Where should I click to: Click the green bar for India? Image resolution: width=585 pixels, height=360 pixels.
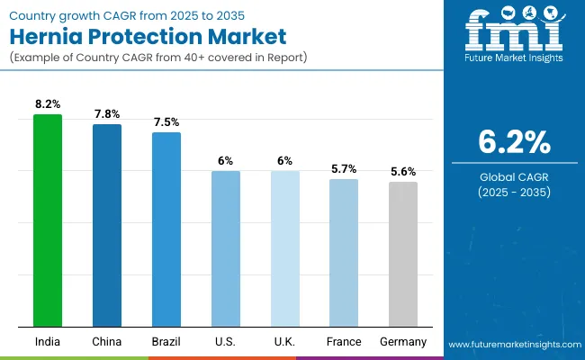pos(48,220)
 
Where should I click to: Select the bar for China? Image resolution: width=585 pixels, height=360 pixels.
pos(107,225)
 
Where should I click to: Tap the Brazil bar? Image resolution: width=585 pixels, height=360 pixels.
pos(166,229)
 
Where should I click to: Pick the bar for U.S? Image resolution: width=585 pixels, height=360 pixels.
pos(225,248)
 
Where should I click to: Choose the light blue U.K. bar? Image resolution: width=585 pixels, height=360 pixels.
pos(284,248)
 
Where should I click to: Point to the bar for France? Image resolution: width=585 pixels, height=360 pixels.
pos(344,253)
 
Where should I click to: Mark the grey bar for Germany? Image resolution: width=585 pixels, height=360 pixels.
pos(403,254)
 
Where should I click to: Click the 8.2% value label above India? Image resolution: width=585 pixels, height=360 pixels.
pos(48,104)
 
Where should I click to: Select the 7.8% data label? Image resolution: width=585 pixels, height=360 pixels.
pos(107,114)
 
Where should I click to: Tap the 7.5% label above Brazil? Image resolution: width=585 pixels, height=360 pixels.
pos(166,122)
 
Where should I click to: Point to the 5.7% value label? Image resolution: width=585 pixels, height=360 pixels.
pos(344,168)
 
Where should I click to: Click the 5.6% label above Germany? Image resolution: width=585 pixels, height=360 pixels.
pos(403,171)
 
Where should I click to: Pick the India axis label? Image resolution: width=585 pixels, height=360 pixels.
pos(48,342)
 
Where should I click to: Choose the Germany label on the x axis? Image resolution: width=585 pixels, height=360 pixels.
pos(403,342)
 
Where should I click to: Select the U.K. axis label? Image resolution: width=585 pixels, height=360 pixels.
pos(284,342)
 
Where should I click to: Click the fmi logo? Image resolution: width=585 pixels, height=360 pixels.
pos(514,34)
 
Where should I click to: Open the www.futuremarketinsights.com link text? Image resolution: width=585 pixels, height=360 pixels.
pos(513,345)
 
